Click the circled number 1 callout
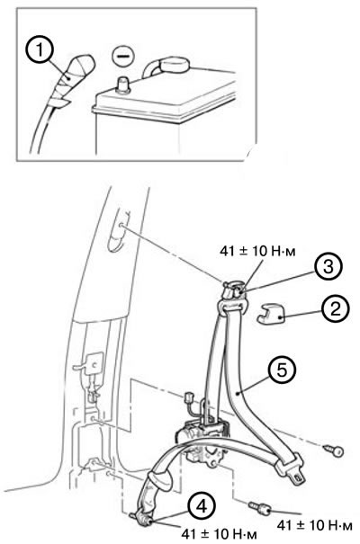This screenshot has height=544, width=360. [40, 50]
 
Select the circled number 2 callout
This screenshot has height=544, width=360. [335, 309]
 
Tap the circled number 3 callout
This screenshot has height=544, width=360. [328, 266]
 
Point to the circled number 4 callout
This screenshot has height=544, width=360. [202, 506]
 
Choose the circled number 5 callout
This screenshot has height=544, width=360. [283, 370]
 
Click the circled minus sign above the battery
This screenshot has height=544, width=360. [123, 56]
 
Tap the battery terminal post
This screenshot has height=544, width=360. [123, 85]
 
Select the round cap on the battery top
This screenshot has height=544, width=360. [175, 65]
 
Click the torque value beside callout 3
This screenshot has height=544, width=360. [257, 251]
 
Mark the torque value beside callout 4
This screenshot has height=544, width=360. [219, 533]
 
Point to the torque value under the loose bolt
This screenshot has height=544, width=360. [314, 525]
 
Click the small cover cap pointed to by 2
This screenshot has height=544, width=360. [270, 313]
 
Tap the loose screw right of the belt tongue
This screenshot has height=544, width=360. [334, 450]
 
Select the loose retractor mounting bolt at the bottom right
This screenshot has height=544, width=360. [260, 508]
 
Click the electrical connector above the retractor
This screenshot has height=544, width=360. [190, 397]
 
